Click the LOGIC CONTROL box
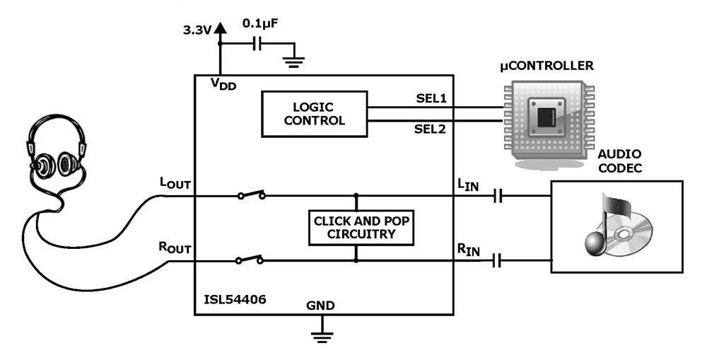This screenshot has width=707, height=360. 315,114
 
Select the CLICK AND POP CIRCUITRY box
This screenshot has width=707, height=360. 362,228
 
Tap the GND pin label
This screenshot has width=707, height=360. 320,306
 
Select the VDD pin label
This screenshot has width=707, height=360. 223,83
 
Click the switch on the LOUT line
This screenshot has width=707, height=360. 252,194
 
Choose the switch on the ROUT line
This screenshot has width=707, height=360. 250,260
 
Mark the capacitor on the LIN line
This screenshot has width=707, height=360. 498,196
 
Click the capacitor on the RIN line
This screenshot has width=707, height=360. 498,261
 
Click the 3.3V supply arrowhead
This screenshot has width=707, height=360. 221,28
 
